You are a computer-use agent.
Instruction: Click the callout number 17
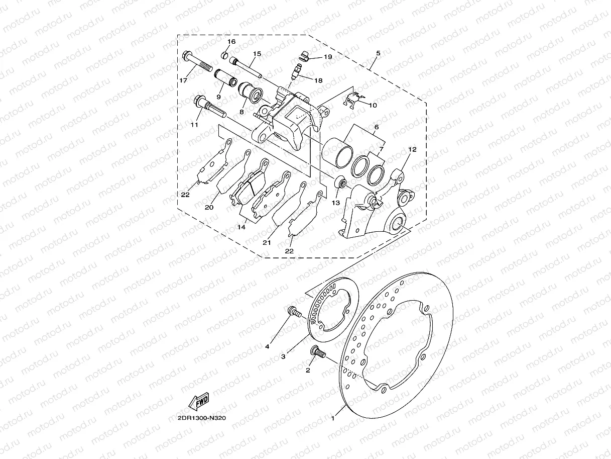point(183,80)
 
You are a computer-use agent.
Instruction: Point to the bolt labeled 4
point(293,313)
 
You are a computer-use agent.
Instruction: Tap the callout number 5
point(378,53)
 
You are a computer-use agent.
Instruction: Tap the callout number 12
point(412,149)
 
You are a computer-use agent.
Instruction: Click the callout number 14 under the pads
point(241,227)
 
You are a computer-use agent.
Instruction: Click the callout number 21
point(267,243)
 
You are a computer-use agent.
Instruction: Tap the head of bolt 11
point(199,101)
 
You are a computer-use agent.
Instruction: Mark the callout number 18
point(318,80)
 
